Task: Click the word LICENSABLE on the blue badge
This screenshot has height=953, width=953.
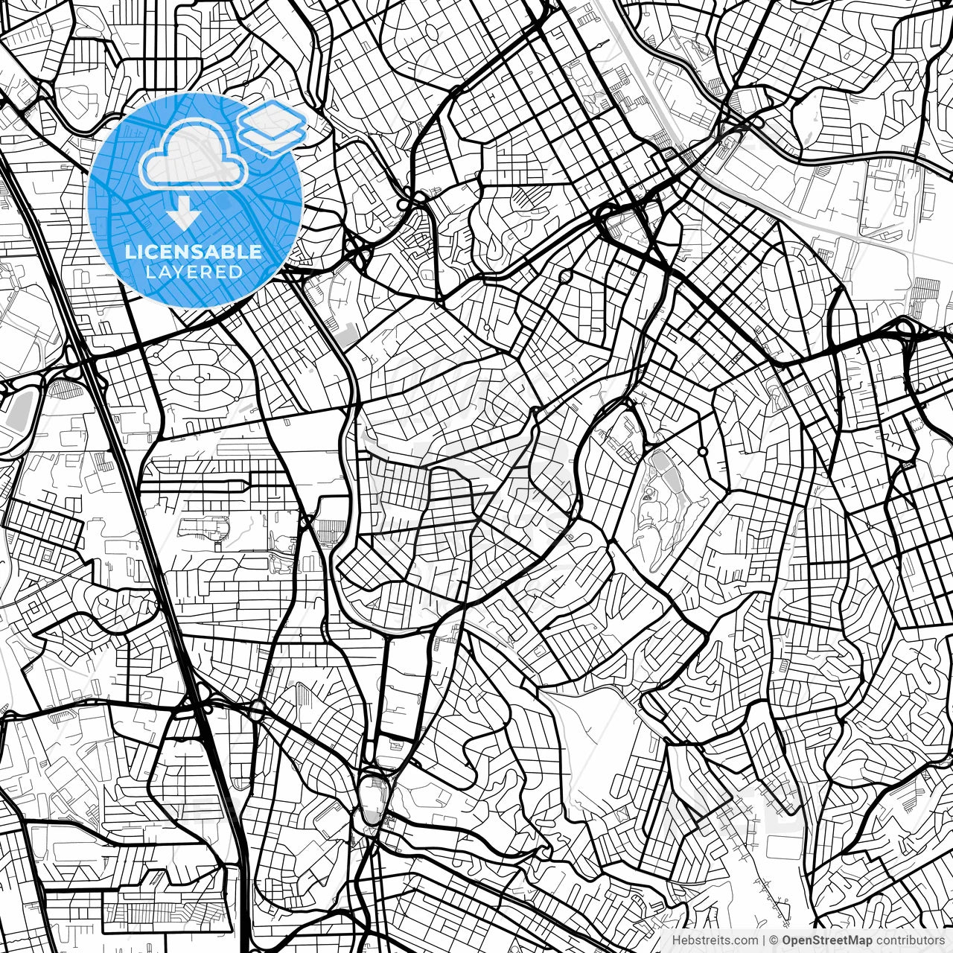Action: [x=194, y=252]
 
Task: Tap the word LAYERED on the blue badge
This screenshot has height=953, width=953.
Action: [x=194, y=272]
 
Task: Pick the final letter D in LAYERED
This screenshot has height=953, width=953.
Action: [x=237, y=272]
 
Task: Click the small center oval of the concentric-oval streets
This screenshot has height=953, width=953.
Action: [x=200, y=380]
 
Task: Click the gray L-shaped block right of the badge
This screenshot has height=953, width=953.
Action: [x=345, y=335]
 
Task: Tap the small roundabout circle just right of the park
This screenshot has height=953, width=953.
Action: [x=702, y=452]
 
